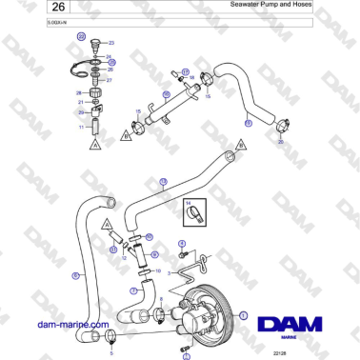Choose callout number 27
[x=110, y=80]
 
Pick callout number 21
[x=81, y=102]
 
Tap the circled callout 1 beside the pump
[x=242, y=314]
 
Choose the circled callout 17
[x=186, y=71]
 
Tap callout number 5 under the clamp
[x=111, y=352]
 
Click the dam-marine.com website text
[x=69, y=324]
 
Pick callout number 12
[x=124, y=258]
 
